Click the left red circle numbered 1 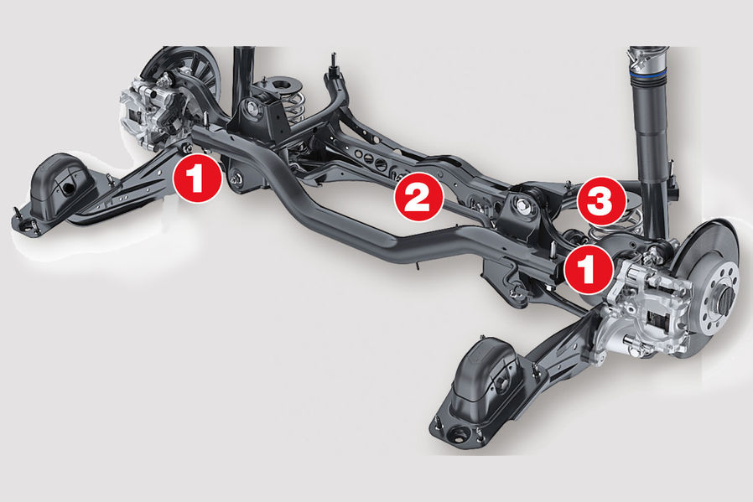[x=197, y=179]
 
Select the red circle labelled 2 [x=418, y=197]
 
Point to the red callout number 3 [x=601, y=201]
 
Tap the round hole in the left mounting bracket [x=68, y=188]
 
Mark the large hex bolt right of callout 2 [x=522, y=206]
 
